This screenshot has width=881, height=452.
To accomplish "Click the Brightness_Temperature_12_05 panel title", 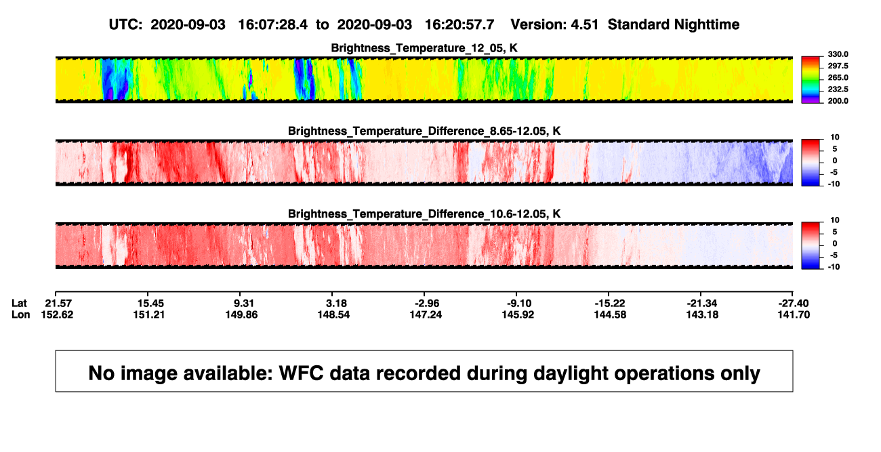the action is tap(424, 48).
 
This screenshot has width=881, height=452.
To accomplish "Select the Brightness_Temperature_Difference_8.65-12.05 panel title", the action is tap(424, 131).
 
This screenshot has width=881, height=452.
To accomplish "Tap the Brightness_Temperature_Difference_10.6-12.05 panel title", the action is tap(424, 214).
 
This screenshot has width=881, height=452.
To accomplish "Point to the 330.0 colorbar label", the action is tap(838, 54).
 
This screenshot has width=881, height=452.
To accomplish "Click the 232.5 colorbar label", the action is tap(838, 89).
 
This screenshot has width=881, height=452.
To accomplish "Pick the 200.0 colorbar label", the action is tap(838, 101).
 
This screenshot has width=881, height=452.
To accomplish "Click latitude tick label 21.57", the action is tap(58, 304).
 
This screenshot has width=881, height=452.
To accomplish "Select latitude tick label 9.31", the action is tap(244, 304).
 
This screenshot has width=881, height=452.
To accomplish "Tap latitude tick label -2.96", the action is tap(427, 304).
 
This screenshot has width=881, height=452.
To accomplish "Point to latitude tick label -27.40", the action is tap(794, 304).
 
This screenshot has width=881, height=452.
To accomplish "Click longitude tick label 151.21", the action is tap(148, 314).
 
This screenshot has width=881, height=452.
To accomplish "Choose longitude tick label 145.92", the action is tap(518, 314).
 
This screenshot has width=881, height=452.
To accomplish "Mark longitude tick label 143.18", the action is tap(702, 314).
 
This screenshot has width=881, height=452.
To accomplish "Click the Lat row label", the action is tap(19, 304).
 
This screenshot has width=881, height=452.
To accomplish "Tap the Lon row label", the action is tap(20, 314).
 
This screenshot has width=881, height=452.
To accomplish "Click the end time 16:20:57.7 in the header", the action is tap(459, 25).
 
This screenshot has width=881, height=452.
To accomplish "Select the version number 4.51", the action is tap(584, 25).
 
